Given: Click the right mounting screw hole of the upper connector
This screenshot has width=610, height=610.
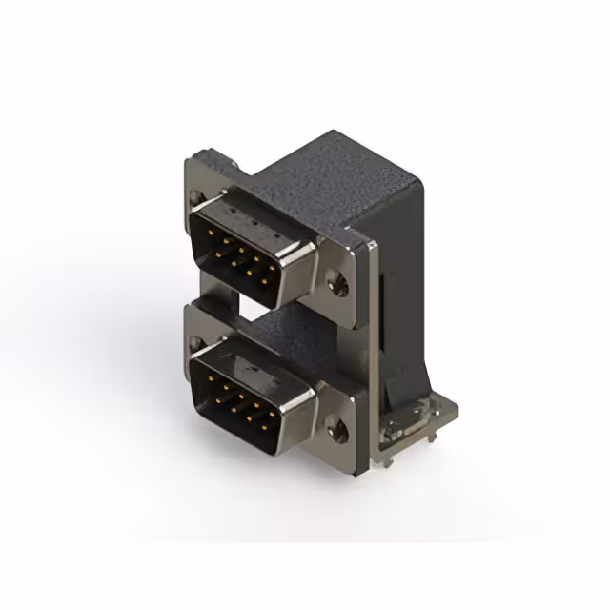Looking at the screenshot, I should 338,282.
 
